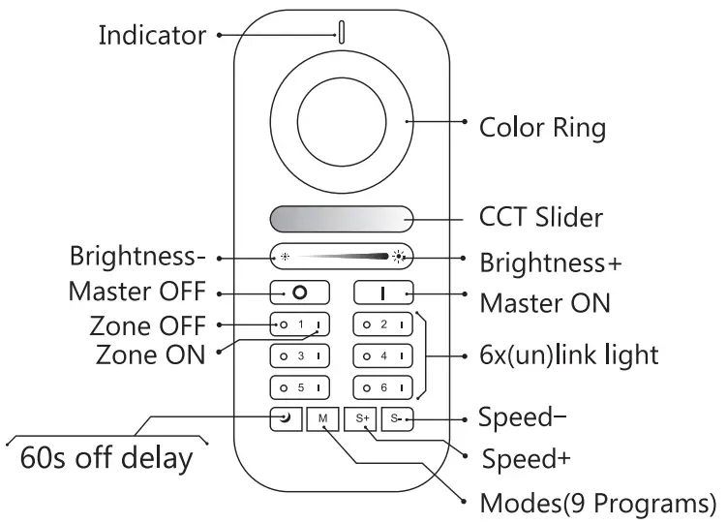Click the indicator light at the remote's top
click(x=342, y=30)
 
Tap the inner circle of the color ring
click(x=342, y=122)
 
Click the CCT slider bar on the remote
click(x=342, y=218)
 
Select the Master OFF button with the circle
click(x=300, y=291)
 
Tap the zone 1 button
click(x=300, y=324)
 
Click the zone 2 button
click(x=383, y=324)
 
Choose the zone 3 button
click(x=300, y=355)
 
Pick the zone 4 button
click(x=383, y=355)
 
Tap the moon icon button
click(x=284, y=418)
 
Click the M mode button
click(x=321, y=418)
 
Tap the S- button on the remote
click(x=398, y=418)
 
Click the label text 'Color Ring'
click(x=542, y=128)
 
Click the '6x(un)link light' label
click(x=569, y=354)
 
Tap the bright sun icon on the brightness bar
click(x=400, y=259)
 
